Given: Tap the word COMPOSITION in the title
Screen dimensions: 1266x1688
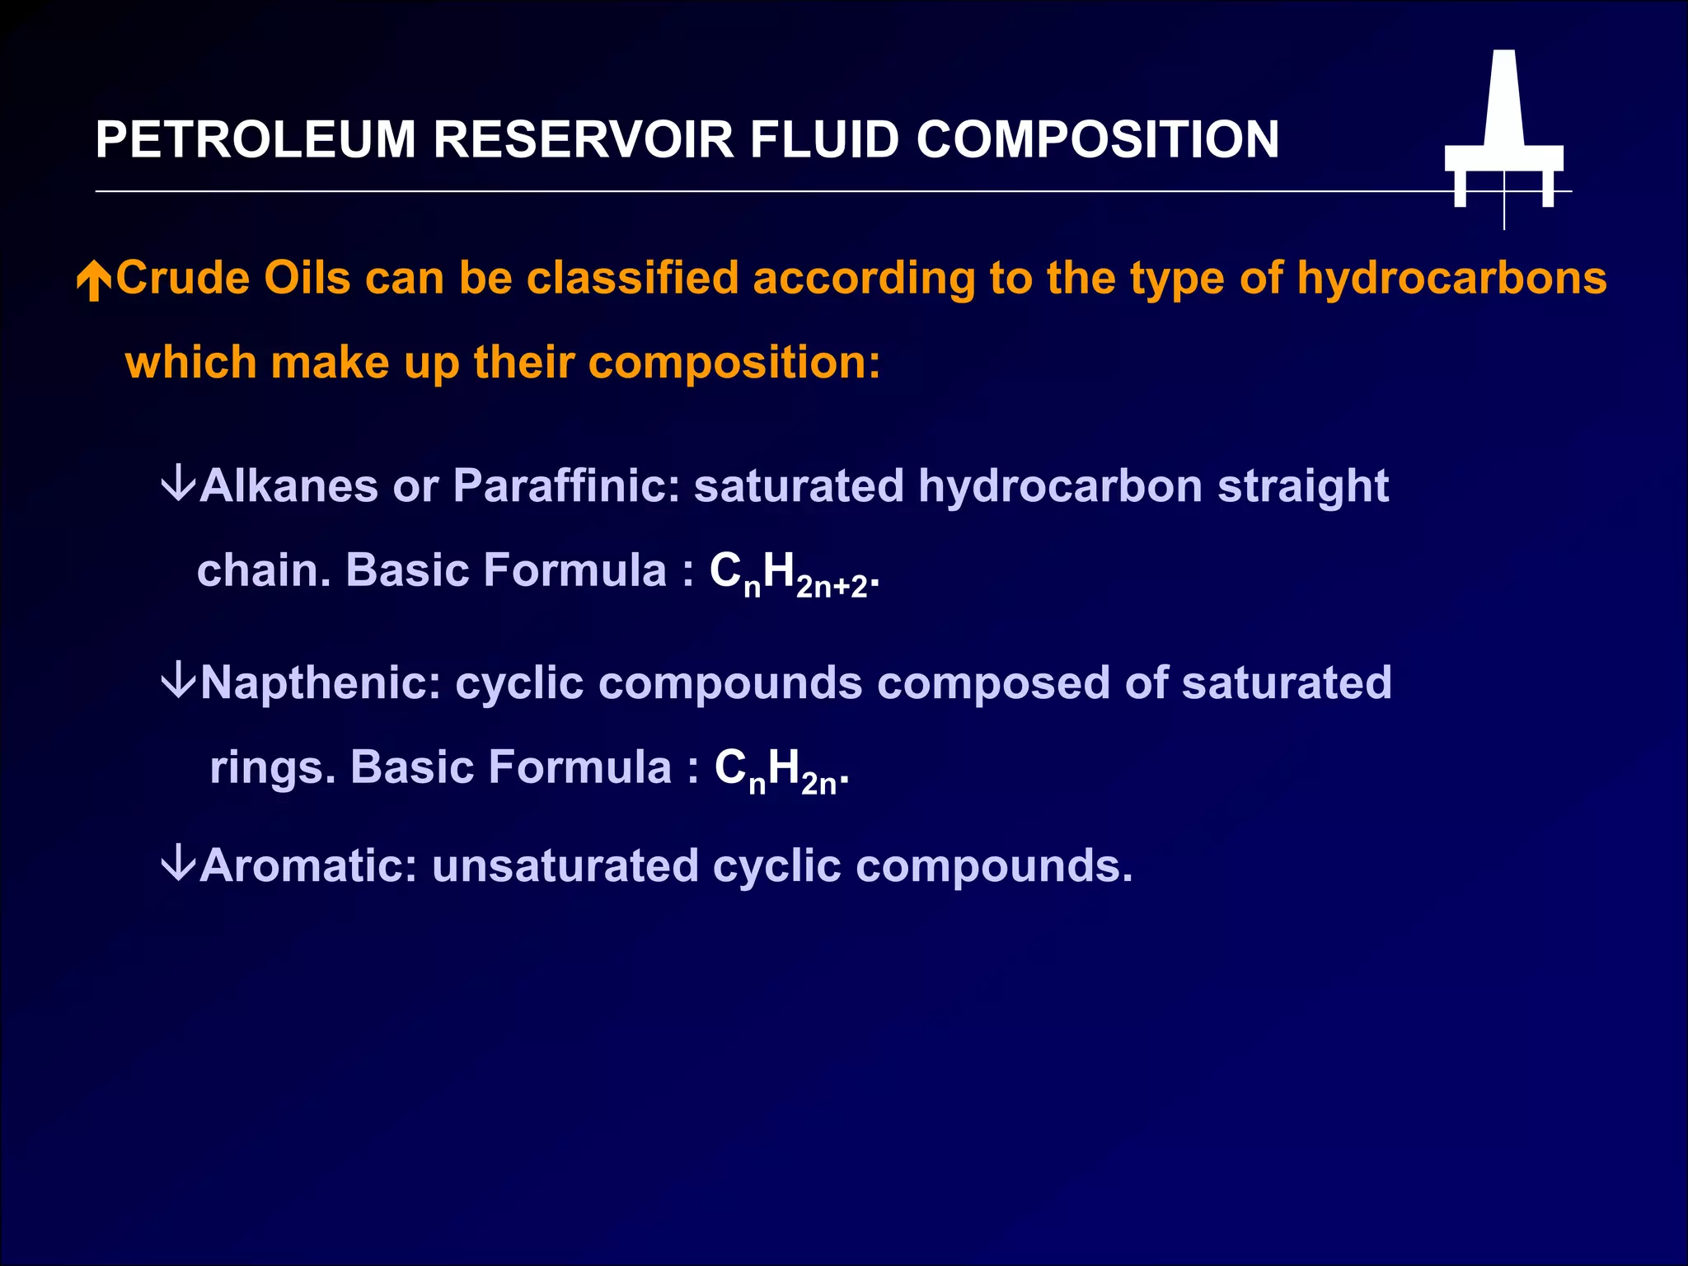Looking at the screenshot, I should click(1097, 139).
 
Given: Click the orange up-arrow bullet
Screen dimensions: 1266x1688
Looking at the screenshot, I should click(94, 281).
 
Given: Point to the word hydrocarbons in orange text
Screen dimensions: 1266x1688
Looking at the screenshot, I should click(1451, 278).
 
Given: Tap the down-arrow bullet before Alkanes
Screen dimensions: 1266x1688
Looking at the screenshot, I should click(178, 484).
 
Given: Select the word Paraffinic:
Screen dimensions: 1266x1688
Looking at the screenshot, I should click(566, 485).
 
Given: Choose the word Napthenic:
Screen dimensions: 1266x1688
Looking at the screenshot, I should click(321, 683).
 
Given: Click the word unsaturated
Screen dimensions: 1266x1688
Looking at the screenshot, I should click(565, 866).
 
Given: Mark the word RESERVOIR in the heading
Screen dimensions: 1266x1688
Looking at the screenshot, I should click(584, 139).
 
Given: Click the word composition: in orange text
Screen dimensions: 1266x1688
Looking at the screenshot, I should click(734, 363).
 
